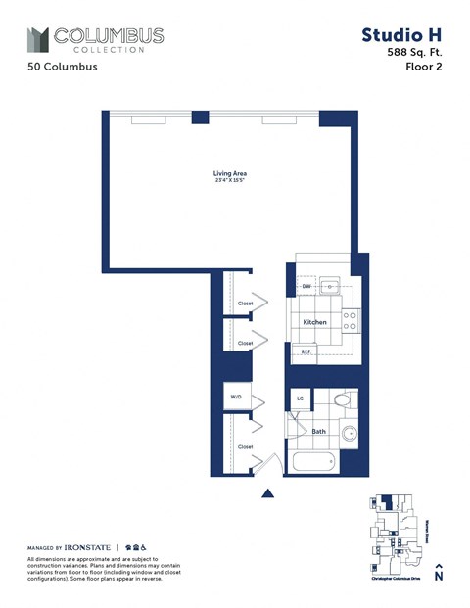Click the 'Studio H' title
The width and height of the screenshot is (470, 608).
coord(402,35)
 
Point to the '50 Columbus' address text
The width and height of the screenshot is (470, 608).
coord(57,68)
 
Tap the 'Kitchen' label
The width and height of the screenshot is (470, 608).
coord(314,322)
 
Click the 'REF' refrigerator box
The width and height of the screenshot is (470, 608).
coord(305,351)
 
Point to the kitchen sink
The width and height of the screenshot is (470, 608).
coord(331,287)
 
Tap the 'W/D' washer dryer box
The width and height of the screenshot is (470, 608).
coord(236,398)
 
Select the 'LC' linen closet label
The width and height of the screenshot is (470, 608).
coord(300,399)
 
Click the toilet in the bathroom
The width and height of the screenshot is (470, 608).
coord(340,400)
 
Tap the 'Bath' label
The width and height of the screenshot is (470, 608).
coord(318,431)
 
